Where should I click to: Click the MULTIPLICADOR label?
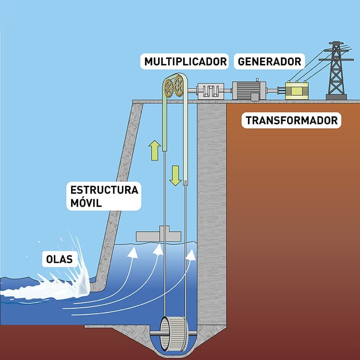tap(185, 62)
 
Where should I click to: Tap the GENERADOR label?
tap(269, 62)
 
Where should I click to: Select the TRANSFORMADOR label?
tap(291, 120)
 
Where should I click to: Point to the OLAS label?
tap(59, 259)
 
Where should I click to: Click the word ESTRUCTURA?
tap(104, 190)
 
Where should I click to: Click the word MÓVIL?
tap(86, 203)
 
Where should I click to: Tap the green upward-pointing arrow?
tap(154, 150)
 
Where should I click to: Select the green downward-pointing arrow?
tap(175, 175)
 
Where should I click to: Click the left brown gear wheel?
tap(169, 88)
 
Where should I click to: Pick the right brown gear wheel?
tap(179, 86)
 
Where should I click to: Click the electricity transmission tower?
tap(336, 71)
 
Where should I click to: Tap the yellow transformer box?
tap(297, 90)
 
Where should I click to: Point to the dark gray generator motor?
tap(249, 90)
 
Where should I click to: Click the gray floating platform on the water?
tap(158, 234)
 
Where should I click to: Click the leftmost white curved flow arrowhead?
tap(133, 253)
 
